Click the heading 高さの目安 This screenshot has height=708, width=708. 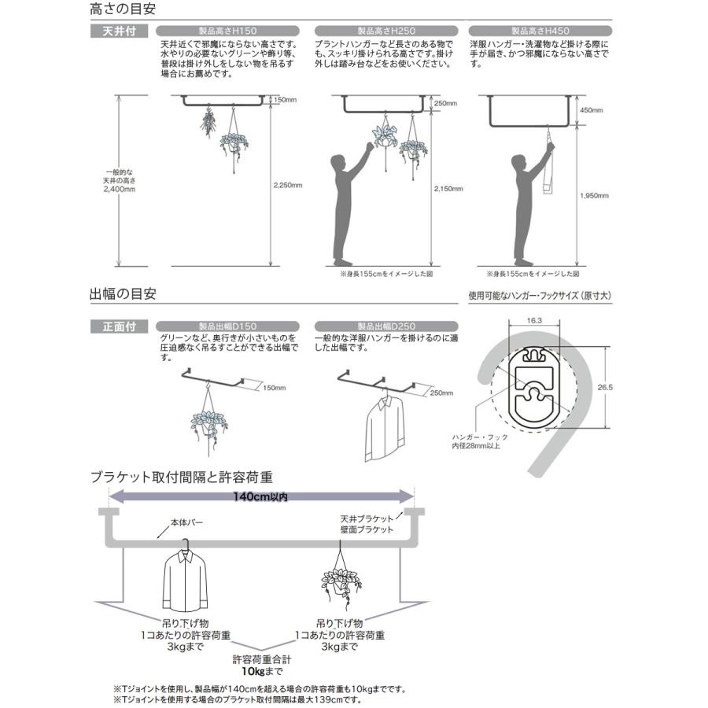coord(123,10)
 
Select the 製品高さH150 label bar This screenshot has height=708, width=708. coord(229,32)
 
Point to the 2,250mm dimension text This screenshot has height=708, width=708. coord(287,185)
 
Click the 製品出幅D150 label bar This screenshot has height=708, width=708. coord(229,325)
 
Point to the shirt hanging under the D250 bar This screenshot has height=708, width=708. coord(384,430)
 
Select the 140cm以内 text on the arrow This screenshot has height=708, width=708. coord(261,496)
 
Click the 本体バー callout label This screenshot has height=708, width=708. coord(185,521)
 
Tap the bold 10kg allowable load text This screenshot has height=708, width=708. coord(262,673)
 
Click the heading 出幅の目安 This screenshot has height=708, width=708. coord(123,294)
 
